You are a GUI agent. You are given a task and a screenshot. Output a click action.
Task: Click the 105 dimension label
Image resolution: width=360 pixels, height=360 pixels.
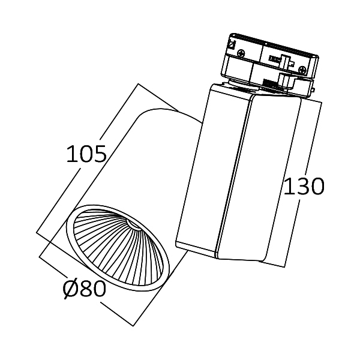86,154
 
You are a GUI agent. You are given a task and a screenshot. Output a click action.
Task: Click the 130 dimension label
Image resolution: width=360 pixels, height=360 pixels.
304,187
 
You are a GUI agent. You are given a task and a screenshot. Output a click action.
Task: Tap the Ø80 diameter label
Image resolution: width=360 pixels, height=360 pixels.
84,289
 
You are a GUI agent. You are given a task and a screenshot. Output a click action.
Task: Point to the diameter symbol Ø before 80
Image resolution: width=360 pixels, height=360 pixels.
71,289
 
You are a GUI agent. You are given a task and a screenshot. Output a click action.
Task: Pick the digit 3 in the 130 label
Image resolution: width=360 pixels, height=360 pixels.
303,187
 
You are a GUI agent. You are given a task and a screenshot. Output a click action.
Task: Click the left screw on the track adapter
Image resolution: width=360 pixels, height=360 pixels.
241,53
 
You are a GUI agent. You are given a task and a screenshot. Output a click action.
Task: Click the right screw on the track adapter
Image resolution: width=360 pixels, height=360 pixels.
302,70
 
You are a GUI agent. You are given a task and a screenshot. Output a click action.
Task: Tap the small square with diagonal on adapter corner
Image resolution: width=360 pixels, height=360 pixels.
232,44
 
